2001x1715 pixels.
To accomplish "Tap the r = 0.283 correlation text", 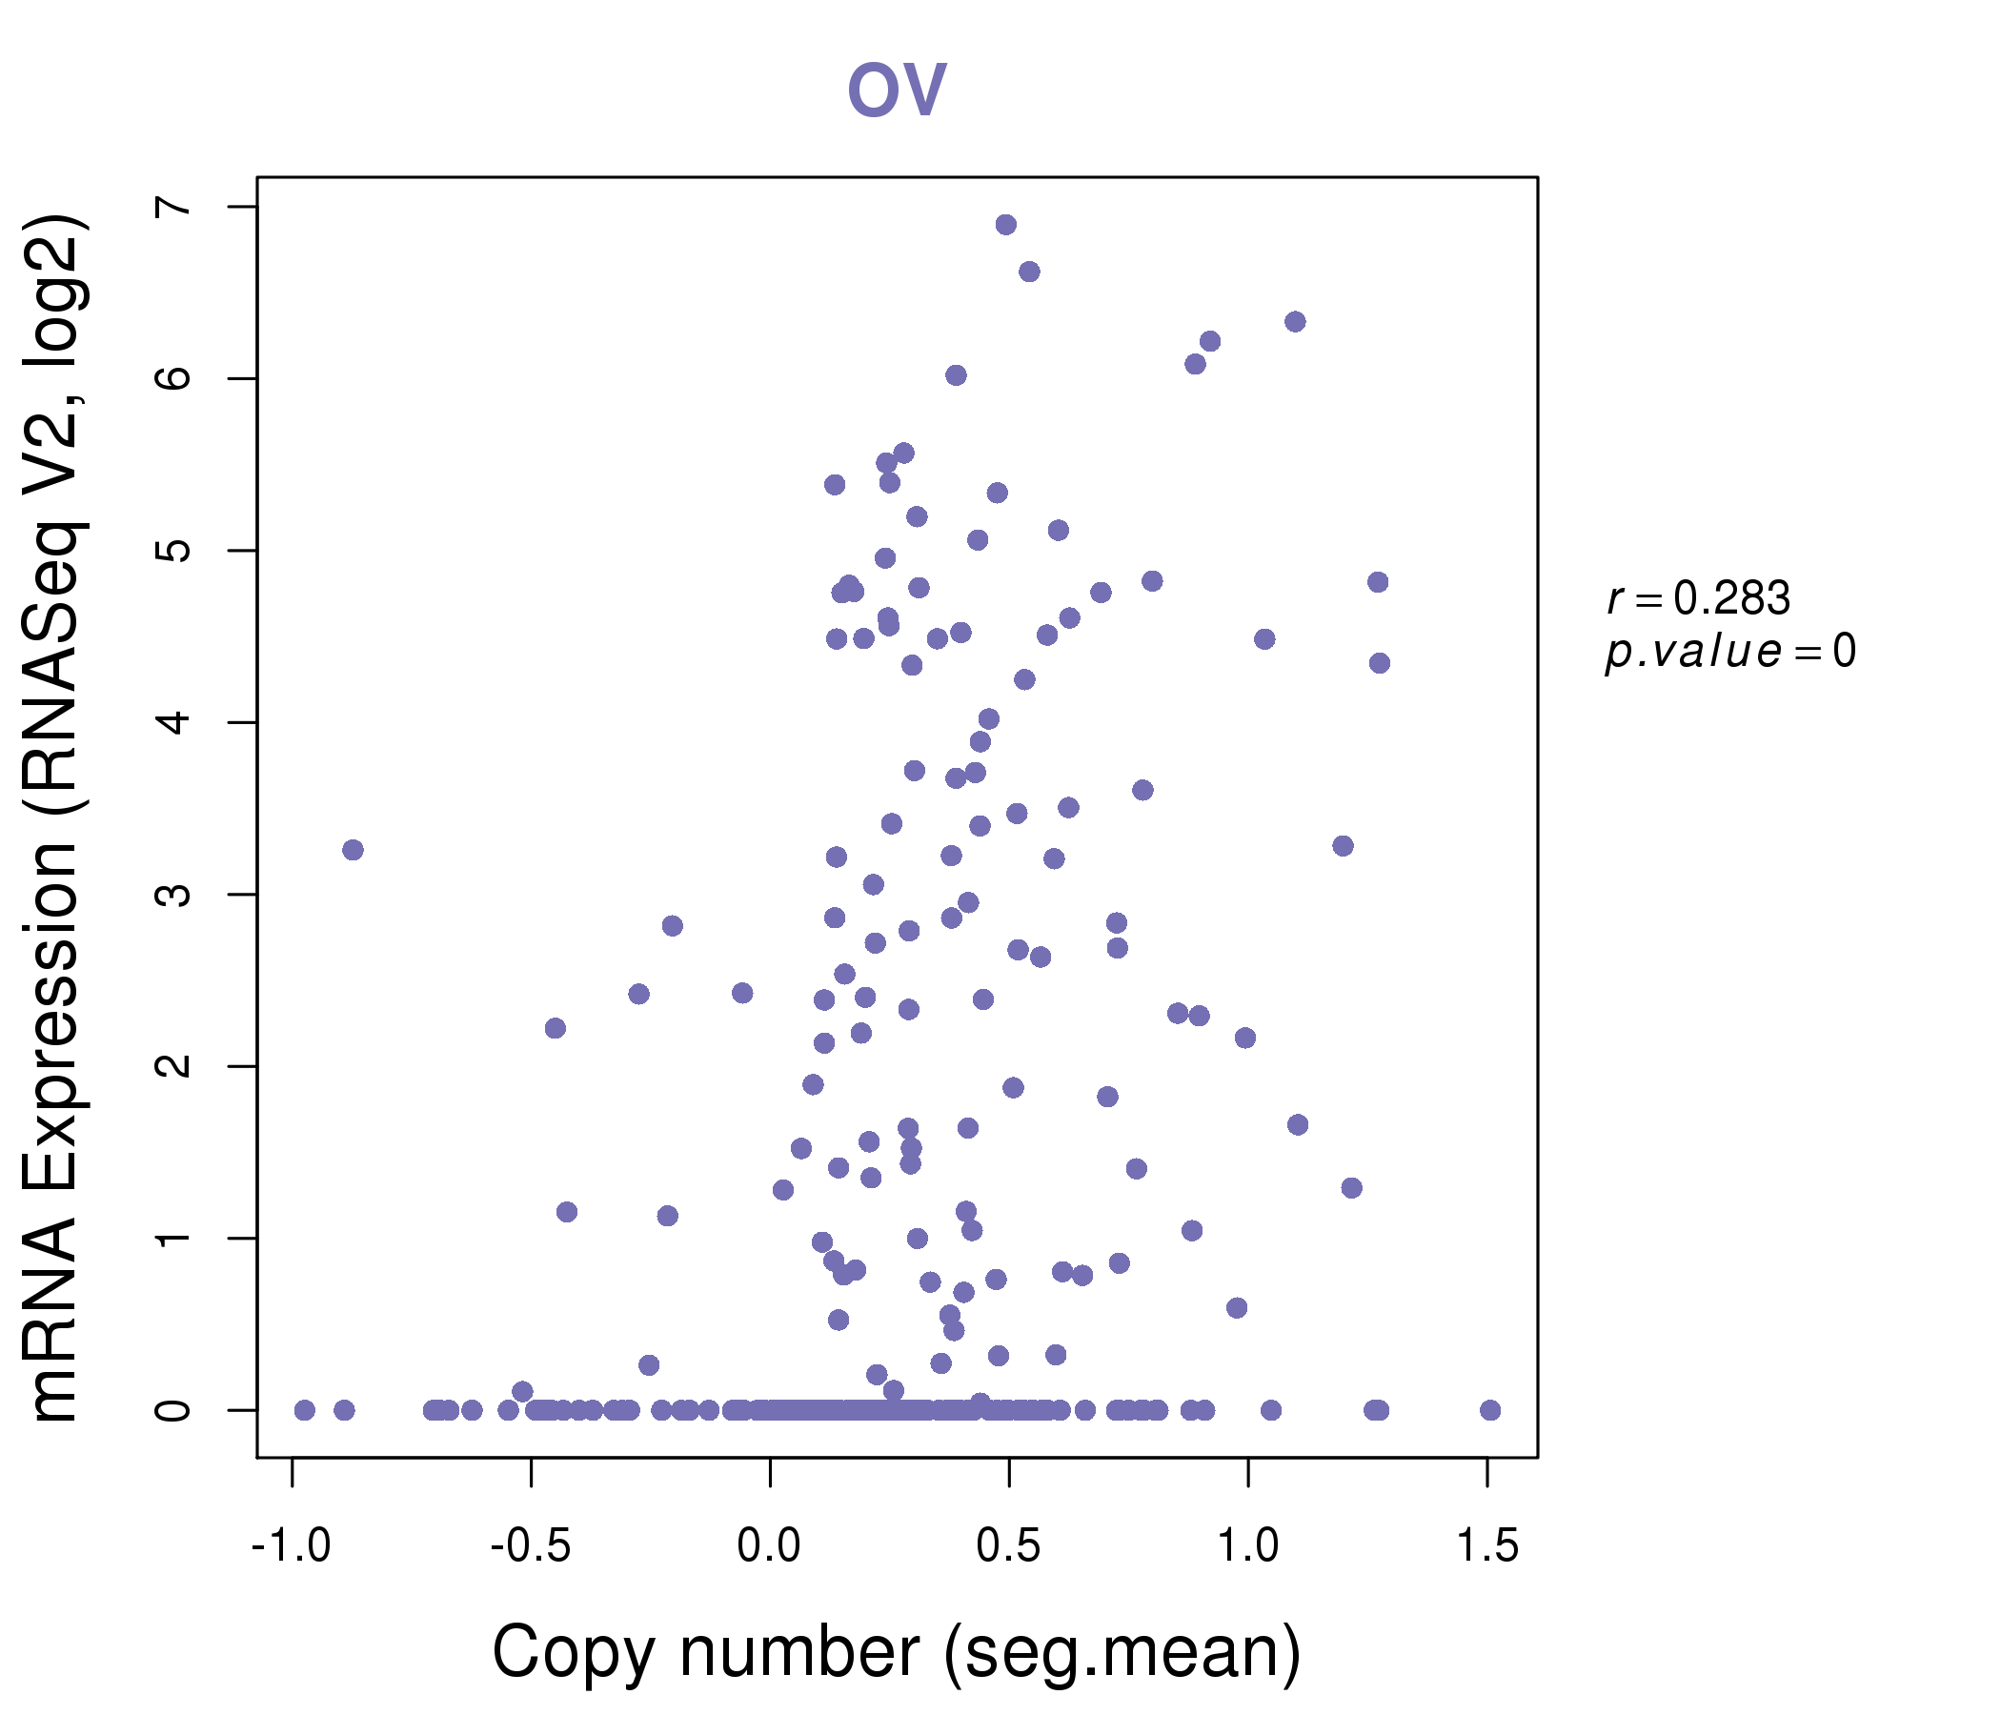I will [x=1698, y=598].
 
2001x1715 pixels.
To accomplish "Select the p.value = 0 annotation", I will [x=1729, y=652].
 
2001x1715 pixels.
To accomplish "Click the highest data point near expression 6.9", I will [x=1005, y=225].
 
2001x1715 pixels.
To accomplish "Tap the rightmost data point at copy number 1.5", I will [x=1490, y=1410].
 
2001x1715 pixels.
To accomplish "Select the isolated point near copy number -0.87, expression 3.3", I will [x=353, y=850].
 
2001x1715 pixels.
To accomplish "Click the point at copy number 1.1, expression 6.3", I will [x=1295, y=322].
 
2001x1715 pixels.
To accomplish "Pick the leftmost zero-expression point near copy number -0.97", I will [x=304, y=1410].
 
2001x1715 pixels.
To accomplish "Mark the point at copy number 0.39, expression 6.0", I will [x=956, y=375].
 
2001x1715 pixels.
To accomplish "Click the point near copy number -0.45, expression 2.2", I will [x=555, y=1028].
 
